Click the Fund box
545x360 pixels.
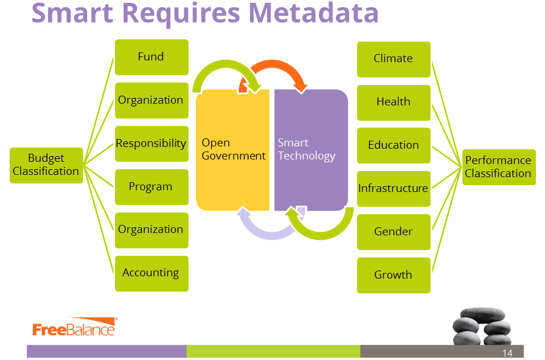pyautogui.click(x=151, y=57)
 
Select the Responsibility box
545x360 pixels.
pyautogui.click(x=151, y=144)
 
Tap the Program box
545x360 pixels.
pyautogui.click(x=151, y=187)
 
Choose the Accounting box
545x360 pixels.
pyautogui.click(x=151, y=273)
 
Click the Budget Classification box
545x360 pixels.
pyautogui.click(x=46, y=165)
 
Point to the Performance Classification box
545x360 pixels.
pyautogui.click(x=498, y=167)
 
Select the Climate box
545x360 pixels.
pyautogui.click(x=394, y=59)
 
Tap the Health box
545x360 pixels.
pyautogui.click(x=394, y=102)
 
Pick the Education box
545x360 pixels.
pyautogui.click(x=394, y=145)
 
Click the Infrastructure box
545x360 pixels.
pyautogui.click(x=394, y=189)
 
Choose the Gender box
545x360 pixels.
pyautogui.click(x=394, y=232)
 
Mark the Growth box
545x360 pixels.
pyautogui.click(x=394, y=275)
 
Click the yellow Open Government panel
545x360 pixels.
pyautogui.click(x=232, y=171)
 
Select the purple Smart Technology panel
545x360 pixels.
pyautogui.click(x=311, y=171)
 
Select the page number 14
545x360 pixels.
pyautogui.click(x=507, y=353)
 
